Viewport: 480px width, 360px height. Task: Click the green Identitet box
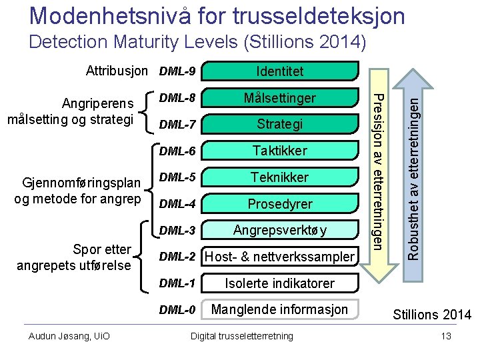(279, 71)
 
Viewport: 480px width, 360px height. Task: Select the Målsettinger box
(279, 98)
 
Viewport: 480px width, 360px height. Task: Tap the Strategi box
(279, 124)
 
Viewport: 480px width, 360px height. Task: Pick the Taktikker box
(279, 151)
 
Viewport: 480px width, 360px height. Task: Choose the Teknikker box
(279, 177)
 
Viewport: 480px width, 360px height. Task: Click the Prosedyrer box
(279, 204)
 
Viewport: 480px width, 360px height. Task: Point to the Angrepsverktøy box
(279, 231)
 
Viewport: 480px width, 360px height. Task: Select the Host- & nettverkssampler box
(279, 257)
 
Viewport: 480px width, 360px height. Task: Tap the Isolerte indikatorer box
(279, 283)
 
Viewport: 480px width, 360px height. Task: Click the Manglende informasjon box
(279, 309)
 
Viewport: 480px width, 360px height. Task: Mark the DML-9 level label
(177, 71)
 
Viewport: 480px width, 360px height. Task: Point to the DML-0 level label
(177, 309)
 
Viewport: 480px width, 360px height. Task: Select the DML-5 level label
(177, 177)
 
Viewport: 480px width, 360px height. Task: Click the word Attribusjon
(117, 70)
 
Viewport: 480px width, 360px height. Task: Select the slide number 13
(446, 336)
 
